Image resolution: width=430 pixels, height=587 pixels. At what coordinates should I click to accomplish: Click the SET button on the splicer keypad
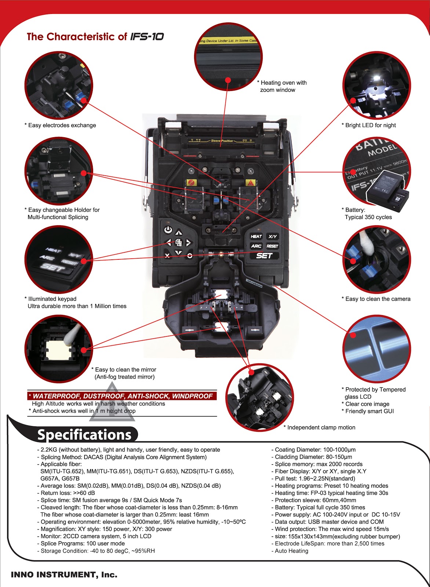[264, 256]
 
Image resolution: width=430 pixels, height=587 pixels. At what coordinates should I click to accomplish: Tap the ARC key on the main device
[256, 246]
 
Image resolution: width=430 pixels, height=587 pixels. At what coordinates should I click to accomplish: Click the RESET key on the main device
[272, 246]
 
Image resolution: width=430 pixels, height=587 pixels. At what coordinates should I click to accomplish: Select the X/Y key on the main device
[272, 236]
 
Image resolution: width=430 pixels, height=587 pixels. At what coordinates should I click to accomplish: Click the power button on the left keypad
[168, 230]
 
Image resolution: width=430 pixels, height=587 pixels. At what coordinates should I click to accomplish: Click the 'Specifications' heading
[84, 435]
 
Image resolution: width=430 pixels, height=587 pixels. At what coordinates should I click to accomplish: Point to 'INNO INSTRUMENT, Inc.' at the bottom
[64, 575]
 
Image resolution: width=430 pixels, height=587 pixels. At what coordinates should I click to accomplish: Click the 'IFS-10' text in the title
[147, 37]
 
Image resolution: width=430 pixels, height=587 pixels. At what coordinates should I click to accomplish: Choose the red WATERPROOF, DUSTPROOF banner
[122, 396]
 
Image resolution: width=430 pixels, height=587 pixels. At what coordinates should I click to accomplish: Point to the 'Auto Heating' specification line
[291, 551]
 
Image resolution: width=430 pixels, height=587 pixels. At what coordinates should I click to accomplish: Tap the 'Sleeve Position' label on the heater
[222, 141]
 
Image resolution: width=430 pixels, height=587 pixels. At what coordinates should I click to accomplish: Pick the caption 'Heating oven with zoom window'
[283, 86]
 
